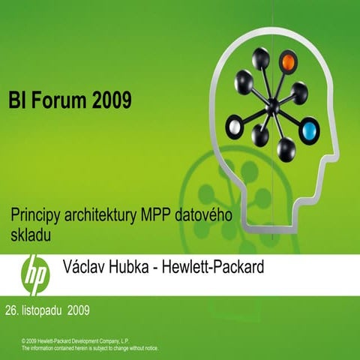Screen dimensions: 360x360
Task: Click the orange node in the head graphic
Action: pos(288,61)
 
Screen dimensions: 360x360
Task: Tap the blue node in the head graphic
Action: pos(309,133)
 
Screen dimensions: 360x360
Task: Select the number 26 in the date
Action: pos(11,309)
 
